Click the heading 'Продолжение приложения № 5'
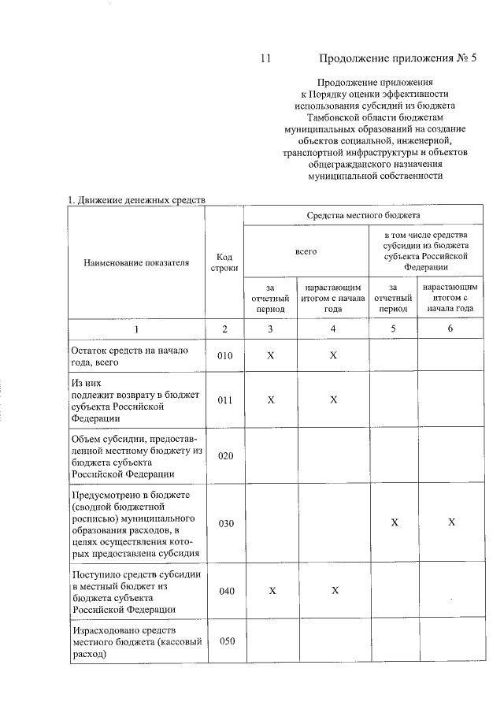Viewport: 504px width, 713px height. [x=398, y=58]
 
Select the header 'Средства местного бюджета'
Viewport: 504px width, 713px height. [x=363, y=214]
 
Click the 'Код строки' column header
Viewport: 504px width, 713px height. [x=224, y=262]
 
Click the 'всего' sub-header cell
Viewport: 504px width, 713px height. [x=306, y=251]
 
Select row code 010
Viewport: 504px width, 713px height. [x=225, y=356]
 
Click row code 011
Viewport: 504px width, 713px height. [x=225, y=399]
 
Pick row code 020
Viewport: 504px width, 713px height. [x=225, y=457]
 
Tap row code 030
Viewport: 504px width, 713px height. [x=225, y=523]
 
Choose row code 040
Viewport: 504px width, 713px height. [x=225, y=591]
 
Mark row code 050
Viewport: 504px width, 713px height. [x=225, y=641]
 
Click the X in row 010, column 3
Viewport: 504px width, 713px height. [x=270, y=356]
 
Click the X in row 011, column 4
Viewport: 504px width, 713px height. [x=333, y=399]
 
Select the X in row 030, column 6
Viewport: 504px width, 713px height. [x=450, y=523]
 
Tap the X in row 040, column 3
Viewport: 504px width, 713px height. [x=270, y=591]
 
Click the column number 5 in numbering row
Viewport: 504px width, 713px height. [x=393, y=329]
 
